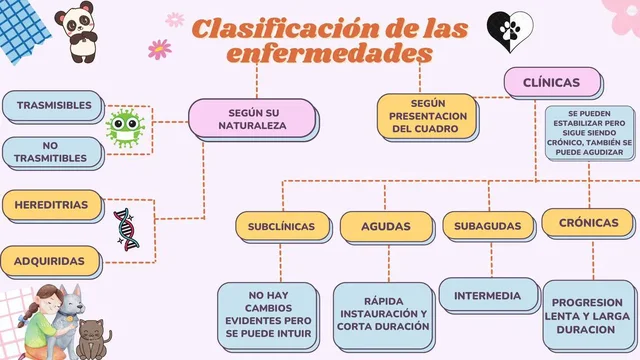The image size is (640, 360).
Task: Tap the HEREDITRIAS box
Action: pos(52,205)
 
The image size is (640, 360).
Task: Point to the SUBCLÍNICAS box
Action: pos(281,226)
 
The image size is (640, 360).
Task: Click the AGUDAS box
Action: pos(385,226)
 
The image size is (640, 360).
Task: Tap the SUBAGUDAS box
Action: pos(487,226)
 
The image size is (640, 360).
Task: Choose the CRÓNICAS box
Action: pos(588,222)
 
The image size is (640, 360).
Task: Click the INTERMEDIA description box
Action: pos(487,296)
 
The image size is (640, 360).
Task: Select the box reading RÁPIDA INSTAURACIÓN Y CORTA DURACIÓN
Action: pos(382,314)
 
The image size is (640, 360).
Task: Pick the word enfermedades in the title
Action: pos(329,52)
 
